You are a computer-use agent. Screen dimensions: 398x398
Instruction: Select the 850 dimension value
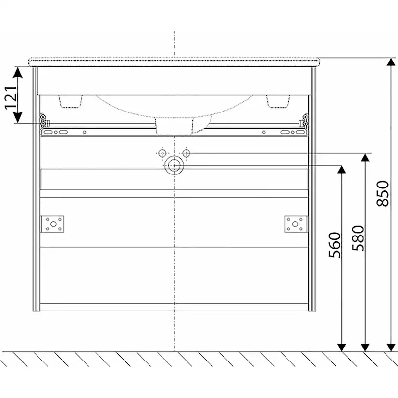(383, 193)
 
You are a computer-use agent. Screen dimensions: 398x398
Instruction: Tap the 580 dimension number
(359, 238)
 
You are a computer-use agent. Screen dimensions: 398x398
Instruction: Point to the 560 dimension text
(335, 245)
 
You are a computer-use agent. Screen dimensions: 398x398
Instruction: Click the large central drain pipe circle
(174, 165)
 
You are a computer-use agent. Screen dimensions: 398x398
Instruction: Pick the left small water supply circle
(162, 153)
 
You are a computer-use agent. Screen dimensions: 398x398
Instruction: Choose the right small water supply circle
(186, 153)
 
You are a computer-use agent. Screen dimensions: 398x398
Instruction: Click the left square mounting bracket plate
(53, 224)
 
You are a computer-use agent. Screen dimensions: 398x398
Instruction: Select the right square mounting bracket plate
(296, 224)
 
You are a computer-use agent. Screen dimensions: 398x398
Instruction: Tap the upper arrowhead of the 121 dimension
(17, 72)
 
